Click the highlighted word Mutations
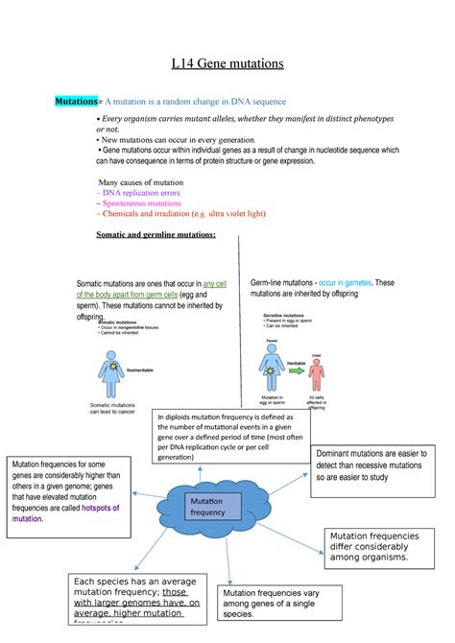point(76,101)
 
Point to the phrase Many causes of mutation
point(142,180)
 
